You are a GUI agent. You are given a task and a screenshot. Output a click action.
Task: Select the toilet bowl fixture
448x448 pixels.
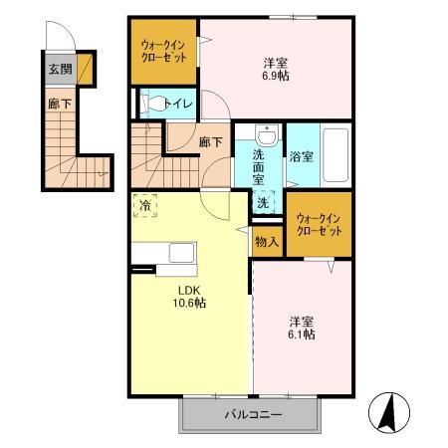[x=155, y=103]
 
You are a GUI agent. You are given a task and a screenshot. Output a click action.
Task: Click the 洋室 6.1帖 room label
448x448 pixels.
[x=303, y=328]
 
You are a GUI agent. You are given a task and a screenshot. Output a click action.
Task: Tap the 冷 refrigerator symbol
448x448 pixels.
[x=145, y=205]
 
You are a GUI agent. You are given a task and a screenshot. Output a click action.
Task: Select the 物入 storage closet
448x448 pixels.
[x=266, y=241]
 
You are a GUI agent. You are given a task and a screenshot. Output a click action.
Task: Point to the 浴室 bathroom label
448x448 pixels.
[x=302, y=156]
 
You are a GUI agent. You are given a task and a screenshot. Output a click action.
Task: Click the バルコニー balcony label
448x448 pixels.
[x=253, y=414]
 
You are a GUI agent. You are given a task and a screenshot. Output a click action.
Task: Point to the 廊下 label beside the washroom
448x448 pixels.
[x=208, y=142]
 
